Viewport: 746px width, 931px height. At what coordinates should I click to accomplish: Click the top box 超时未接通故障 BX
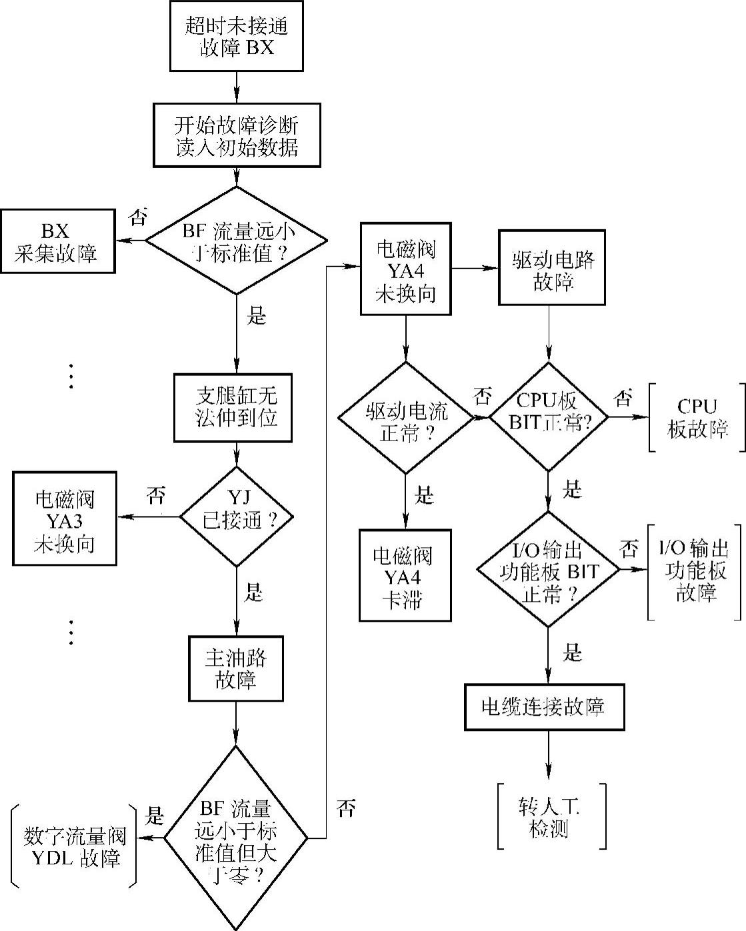(237, 36)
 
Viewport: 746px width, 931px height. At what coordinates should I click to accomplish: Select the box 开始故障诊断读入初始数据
(237, 135)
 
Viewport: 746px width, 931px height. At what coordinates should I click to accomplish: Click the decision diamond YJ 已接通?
(237, 516)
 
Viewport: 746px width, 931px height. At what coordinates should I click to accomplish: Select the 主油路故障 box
(236, 669)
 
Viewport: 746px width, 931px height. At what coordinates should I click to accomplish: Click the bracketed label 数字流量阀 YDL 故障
(75, 846)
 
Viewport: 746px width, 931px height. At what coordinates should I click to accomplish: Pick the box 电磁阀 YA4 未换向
(405, 269)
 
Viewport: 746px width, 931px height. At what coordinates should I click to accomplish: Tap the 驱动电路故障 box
(552, 268)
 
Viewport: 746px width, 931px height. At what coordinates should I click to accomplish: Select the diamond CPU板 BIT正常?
(548, 418)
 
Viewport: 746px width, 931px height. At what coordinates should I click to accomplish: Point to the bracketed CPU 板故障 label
(697, 418)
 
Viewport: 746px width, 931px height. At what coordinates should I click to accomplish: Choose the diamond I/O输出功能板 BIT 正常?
(548, 569)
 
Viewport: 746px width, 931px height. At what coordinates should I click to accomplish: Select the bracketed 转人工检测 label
(551, 816)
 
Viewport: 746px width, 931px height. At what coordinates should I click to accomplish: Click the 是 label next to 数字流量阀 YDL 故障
(155, 815)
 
